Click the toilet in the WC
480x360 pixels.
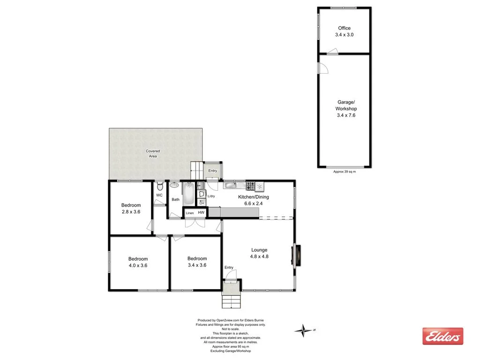tap(160, 185)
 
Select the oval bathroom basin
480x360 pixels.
tap(174, 185)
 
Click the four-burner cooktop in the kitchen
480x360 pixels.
tap(249, 185)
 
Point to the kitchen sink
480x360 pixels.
tap(230, 185)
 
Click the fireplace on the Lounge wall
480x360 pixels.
tap(296, 255)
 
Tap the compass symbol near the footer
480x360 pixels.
tap(304, 330)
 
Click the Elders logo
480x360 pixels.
tap(442, 336)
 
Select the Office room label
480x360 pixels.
tap(345, 28)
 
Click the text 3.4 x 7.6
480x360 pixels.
tap(346, 115)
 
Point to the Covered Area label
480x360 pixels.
tap(153, 153)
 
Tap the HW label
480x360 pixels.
tap(201, 213)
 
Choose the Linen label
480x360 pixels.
tap(189, 213)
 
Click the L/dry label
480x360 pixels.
tap(211, 196)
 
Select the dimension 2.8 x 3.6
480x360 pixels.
tap(131, 212)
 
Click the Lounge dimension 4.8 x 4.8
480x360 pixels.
tap(259, 256)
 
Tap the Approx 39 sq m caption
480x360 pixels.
tap(345, 172)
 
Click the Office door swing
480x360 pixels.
tap(332, 52)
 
